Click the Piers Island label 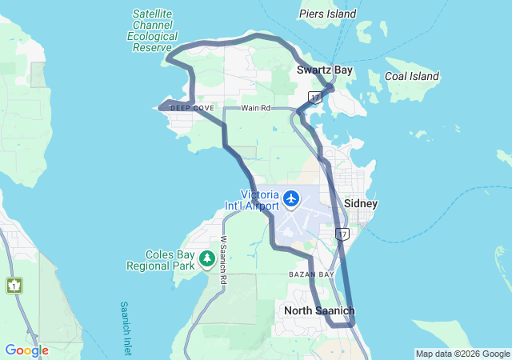click(x=327, y=14)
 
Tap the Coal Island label click(x=412, y=76)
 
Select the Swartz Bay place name click(x=324, y=70)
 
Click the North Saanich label click(x=319, y=310)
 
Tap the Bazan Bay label click(x=311, y=274)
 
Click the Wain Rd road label click(x=256, y=108)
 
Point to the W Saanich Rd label click(x=223, y=252)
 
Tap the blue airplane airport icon click(x=291, y=197)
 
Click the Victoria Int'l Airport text click(x=260, y=200)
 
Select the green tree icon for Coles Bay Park click(x=207, y=258)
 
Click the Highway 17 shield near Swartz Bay click(x=315, y=97)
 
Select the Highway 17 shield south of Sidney click(x=342, y=234)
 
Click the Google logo click(x=26, y=350)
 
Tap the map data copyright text click(x=462, y=354)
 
